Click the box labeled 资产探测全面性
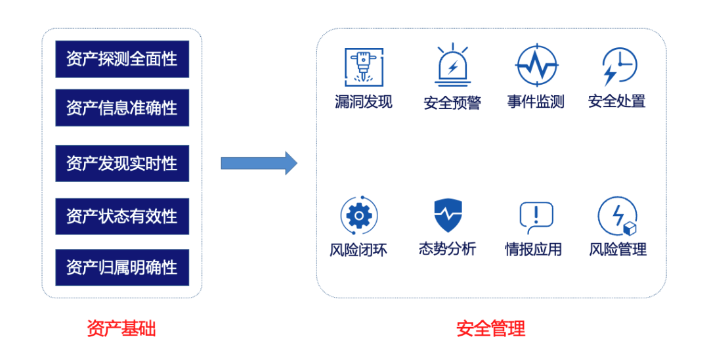pyautogui.click(x=122, y=59)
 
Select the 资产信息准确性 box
pyautogui.click(x=122, y=108)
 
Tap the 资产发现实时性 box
pyautogui.click(x=122, y=164)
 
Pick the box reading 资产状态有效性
pyautogui.click(x=122, y=216)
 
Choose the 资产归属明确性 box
pyautogui.click(x=122, y=267)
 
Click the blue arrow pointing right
pyautogui.click(x=259, y=163)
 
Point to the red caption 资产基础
pyautogui.click(x=121, y=328)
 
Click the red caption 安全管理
pyautogui.click(x=491, y=328)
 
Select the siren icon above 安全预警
pyautogui.click(x=452, y=66)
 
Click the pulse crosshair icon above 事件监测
pyautogui.click(x=536, y=66)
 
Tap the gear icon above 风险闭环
pyautogui.click(x=358, y=215)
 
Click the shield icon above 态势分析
pyautogui.click(x=448, y=215)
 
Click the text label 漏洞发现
pyautogui.click(x=363, y=102)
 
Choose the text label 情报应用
pyautogui.click(x=533, y=250)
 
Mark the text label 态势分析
pyautogui.click(x=447, y=249)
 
